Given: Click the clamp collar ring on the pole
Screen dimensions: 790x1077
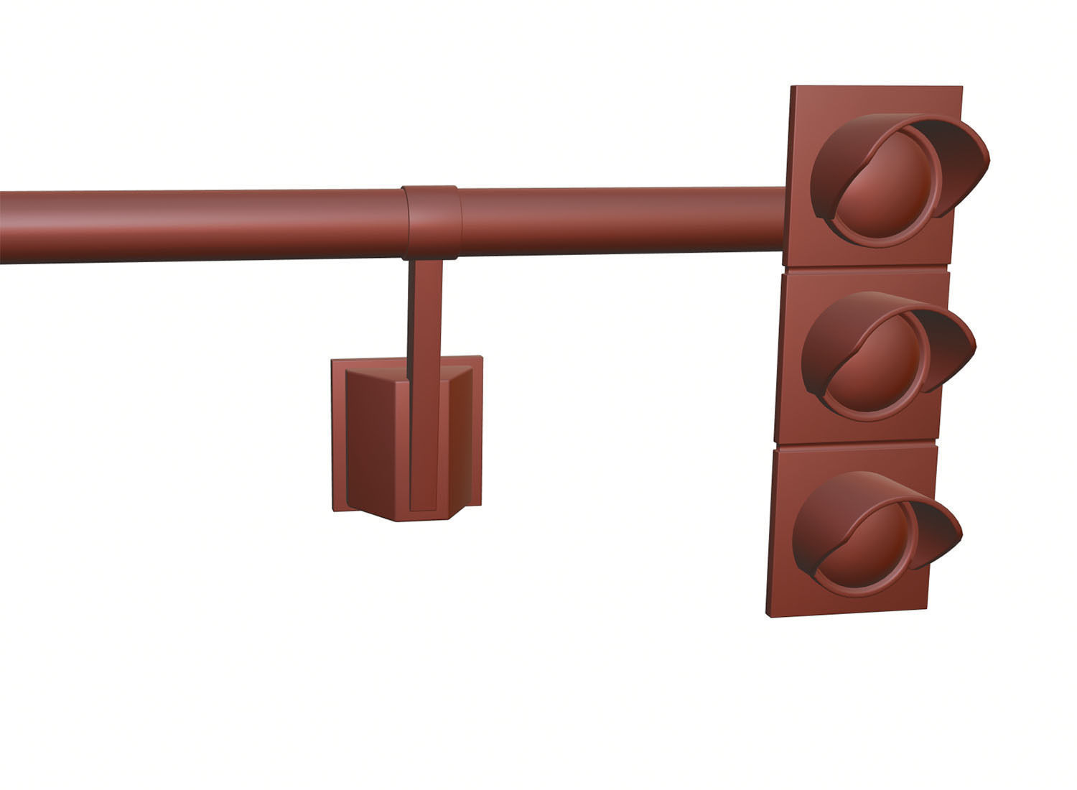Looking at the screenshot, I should (x=431, y=221).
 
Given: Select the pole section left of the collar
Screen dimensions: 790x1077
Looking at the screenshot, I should (x=201, y=226).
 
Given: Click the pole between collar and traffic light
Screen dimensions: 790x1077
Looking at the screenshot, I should (x=617, y=219).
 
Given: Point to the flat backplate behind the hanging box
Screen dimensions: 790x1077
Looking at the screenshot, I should (x=338, y=431).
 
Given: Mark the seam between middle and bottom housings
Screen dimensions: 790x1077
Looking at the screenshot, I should (x=854, y=445).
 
